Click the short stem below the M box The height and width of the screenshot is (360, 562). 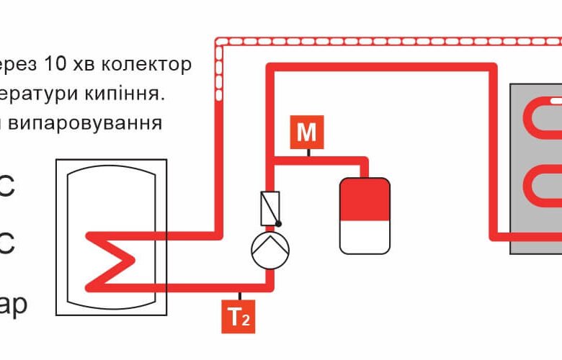[x=308, y=153]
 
